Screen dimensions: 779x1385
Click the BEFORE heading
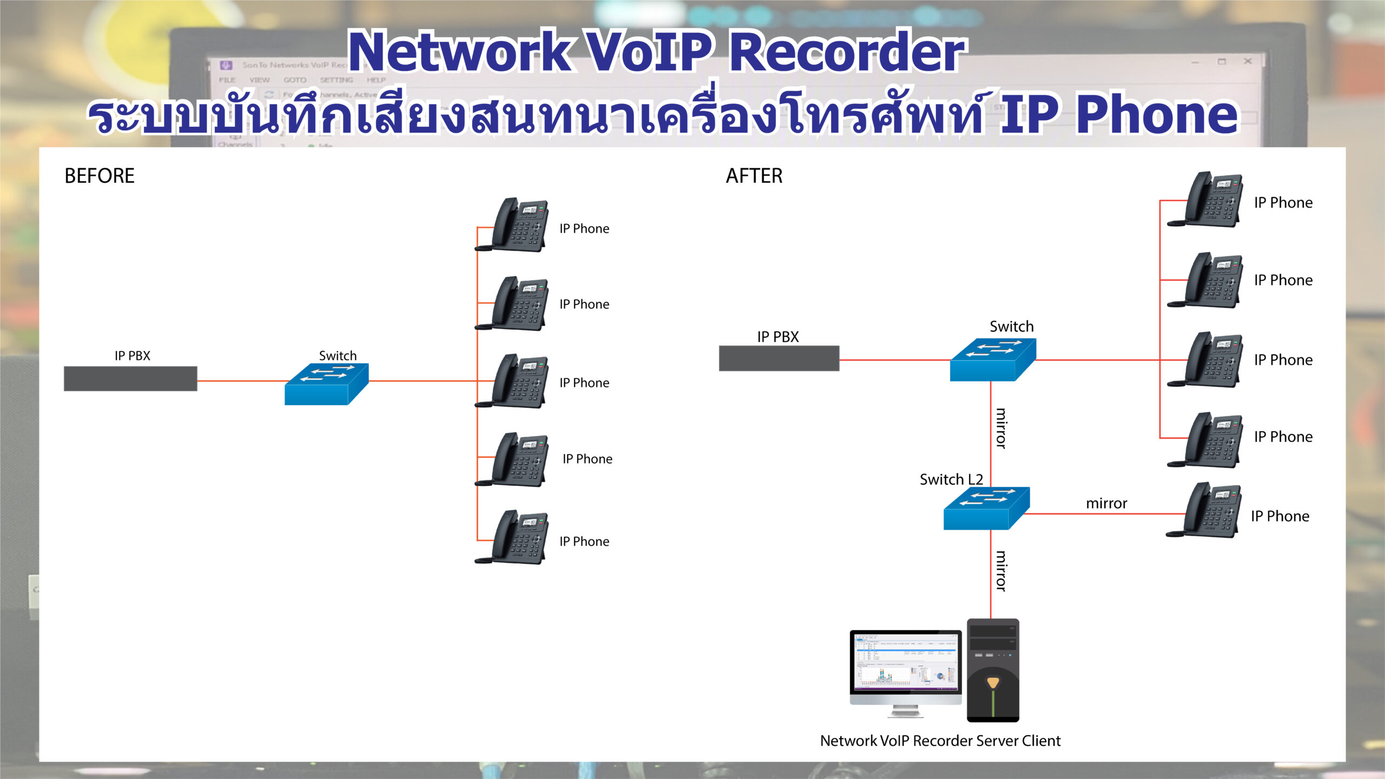[100, 176]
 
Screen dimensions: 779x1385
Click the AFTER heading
[754, 176]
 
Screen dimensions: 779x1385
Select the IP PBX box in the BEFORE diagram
[130, 379]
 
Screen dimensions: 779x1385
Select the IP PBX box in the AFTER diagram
[779, 358]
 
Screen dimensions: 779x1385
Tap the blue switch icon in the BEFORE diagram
[326, 384]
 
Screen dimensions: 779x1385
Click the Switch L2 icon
[986, 509]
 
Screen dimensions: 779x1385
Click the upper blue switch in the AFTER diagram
[992, 360]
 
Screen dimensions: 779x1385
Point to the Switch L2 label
[951, 479]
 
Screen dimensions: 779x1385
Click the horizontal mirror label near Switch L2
[1106, 504]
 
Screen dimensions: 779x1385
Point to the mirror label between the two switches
[1001, 428]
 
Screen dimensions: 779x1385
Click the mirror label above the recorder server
[1001, 571]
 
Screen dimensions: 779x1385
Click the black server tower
[993, 670]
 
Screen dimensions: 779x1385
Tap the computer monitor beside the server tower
[905, 668]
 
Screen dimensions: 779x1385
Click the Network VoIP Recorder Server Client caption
[940, 741]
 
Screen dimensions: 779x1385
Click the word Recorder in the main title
[847, 52]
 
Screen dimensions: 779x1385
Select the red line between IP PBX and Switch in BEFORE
[241, 381]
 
